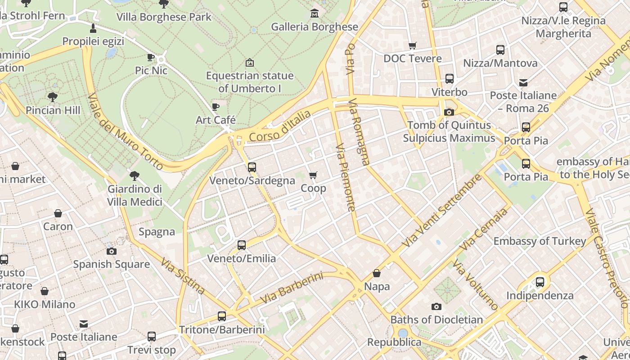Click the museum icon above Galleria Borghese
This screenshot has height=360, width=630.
click(x=315, y=13)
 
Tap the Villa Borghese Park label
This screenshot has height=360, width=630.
click(x=164, y=17)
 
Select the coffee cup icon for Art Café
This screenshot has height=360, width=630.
click(x=216, y=107)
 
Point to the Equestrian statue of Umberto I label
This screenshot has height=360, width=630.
click(x=250, y=82)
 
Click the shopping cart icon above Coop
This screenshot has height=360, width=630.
click(x=313, y=175)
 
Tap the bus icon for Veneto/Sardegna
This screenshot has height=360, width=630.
click(x=252, y=167)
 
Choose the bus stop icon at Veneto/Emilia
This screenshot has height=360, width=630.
click(x=242, y=245)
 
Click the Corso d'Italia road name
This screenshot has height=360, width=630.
click(x=279, y=126)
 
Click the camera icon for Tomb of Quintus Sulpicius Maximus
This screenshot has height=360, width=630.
click(x=449, y=112)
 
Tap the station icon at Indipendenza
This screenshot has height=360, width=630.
click(x=540, y=282)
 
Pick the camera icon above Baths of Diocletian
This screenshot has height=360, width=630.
click(x=436, y=306)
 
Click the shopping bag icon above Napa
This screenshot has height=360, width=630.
click(x=377, y=273)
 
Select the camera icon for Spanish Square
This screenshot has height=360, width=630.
click(x=112, y=251)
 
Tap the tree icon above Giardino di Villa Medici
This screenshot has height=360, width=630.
click(x=134, y=176)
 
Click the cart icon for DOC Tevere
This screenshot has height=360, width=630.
click(x=412, y=45)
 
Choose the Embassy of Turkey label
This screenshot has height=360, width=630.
click(x=540, y=241)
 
